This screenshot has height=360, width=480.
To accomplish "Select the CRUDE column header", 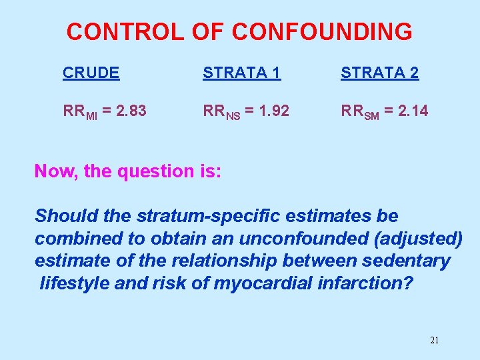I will (x=91, y=73).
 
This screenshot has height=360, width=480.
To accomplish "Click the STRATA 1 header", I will (x=242, y=73).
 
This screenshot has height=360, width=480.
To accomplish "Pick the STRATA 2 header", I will (x=380, y=73).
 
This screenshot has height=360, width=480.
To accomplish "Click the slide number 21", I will (x=435, y=341).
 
